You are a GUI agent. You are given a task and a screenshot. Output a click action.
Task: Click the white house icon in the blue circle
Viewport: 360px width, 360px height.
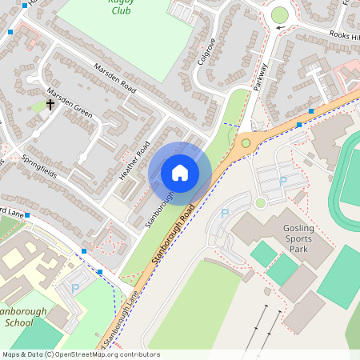180,172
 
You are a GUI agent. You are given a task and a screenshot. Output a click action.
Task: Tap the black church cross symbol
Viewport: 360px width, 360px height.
50,105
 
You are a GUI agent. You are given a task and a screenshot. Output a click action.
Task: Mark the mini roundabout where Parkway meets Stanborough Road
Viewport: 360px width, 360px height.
246,143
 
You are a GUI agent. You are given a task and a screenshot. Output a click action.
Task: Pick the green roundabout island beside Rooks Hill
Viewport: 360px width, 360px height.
279,14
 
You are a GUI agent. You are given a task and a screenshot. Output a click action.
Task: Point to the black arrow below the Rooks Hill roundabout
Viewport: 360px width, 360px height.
280,29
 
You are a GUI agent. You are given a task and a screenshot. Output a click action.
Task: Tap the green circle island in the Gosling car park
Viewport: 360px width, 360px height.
260,203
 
